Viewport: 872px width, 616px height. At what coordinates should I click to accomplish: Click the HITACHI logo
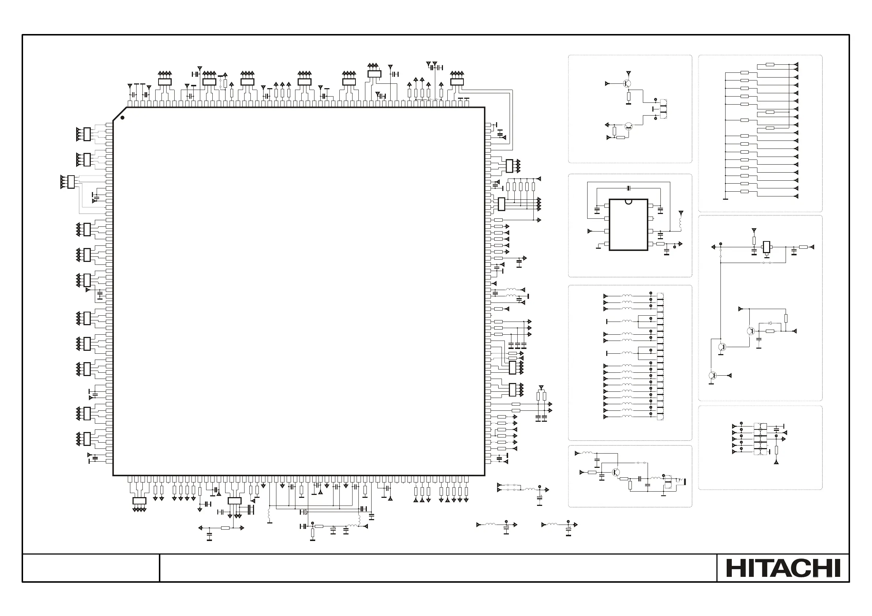783,568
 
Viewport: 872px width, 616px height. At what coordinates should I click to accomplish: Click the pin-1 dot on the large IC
122,118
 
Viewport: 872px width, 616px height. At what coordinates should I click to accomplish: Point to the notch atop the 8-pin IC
628,201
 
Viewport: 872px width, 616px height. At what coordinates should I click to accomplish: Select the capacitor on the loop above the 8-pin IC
629,188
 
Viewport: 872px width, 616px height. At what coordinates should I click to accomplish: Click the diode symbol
770,323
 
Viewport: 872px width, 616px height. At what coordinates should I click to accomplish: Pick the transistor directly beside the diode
751,331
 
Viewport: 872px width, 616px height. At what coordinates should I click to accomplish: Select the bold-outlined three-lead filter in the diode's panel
767,247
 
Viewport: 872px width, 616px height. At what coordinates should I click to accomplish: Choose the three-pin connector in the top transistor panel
663,109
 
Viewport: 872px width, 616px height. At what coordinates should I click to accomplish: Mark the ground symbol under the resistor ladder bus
725,199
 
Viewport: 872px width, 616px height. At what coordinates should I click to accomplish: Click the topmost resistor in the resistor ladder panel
770,64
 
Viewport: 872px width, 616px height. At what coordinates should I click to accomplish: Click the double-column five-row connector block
760,439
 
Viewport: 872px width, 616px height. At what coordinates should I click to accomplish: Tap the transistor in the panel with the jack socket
616,472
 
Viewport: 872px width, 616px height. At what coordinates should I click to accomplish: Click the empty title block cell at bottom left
91,568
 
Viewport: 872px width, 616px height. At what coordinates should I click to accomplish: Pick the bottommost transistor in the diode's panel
712,375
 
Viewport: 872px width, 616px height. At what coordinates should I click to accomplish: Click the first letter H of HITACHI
734,568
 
